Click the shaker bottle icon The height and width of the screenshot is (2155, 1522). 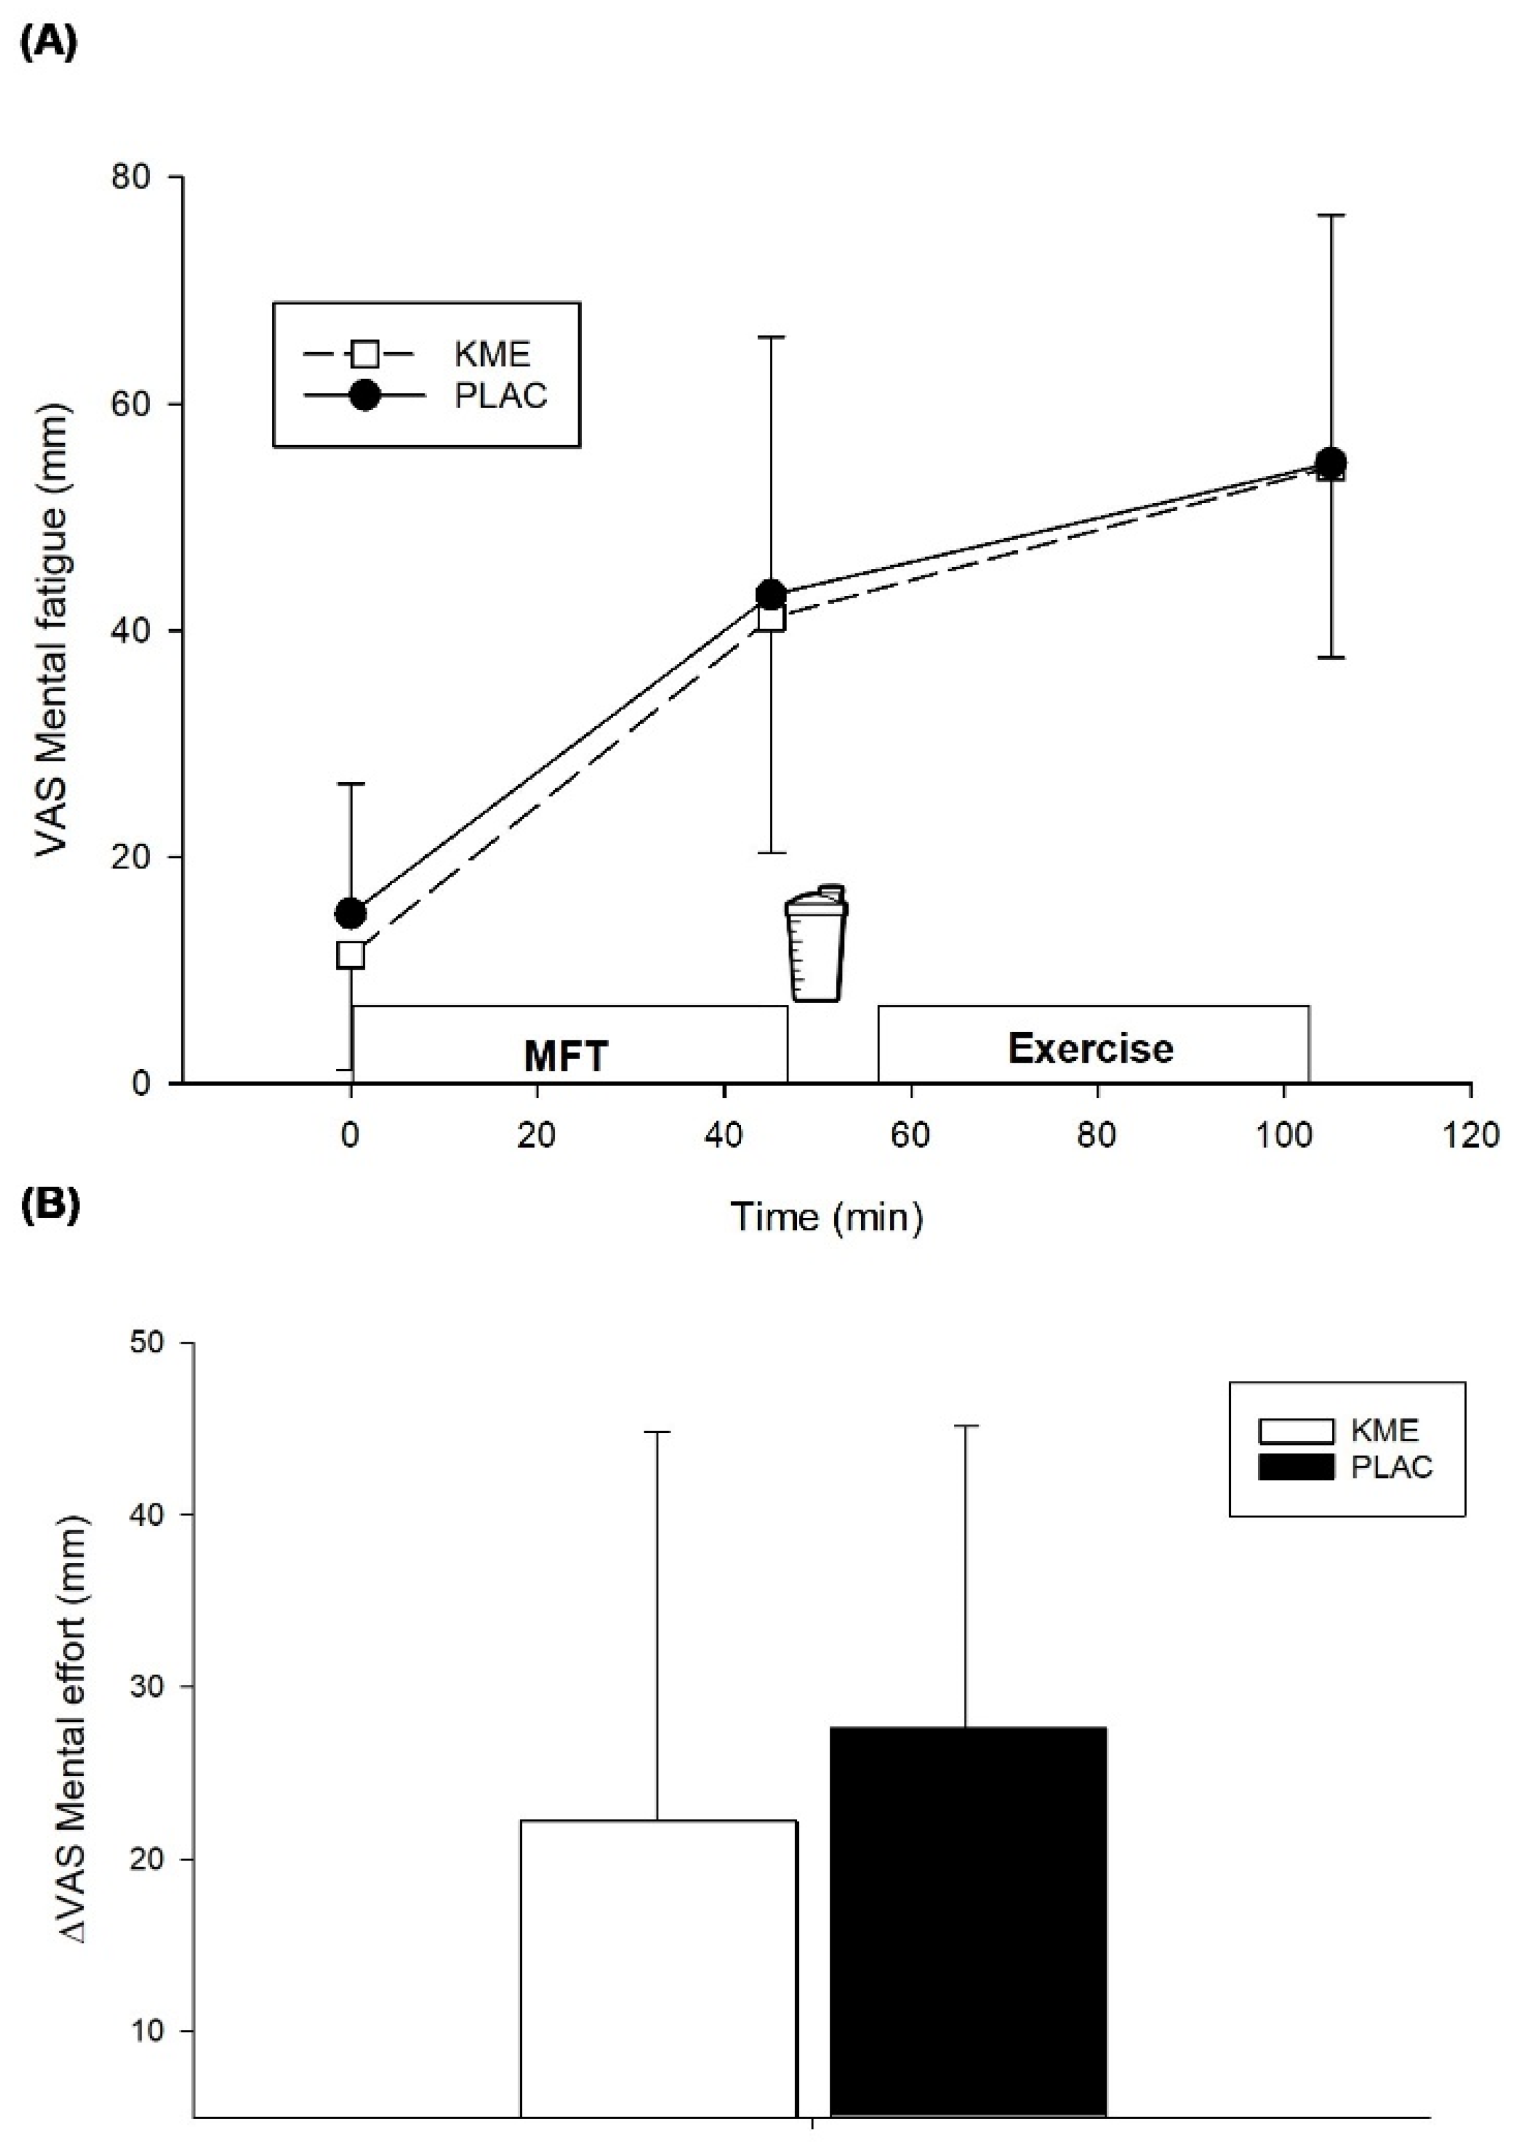pos(815,943)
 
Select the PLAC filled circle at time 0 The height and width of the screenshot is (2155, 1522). pos(351,911)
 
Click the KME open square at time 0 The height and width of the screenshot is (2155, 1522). pos(351,954)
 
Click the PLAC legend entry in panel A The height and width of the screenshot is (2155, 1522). pos(500,396)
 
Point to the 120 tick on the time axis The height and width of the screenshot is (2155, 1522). pos(1469,1136)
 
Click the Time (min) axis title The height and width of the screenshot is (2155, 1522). pos(826,1217)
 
